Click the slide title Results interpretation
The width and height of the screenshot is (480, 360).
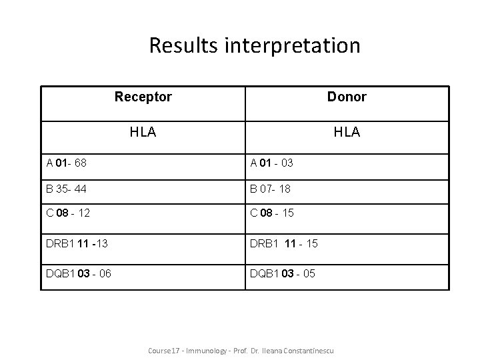pyautogui.click(x=255, y=45)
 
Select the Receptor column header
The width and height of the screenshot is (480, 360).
pyautogui.click(x=143, y=97)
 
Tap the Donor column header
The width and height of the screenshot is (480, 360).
pyautogui.click(x=347, y=97)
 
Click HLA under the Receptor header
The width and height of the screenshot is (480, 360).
pyautogui.click(x=143, y=132)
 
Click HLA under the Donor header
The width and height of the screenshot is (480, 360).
pyautogui.click(x=347, y=132)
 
